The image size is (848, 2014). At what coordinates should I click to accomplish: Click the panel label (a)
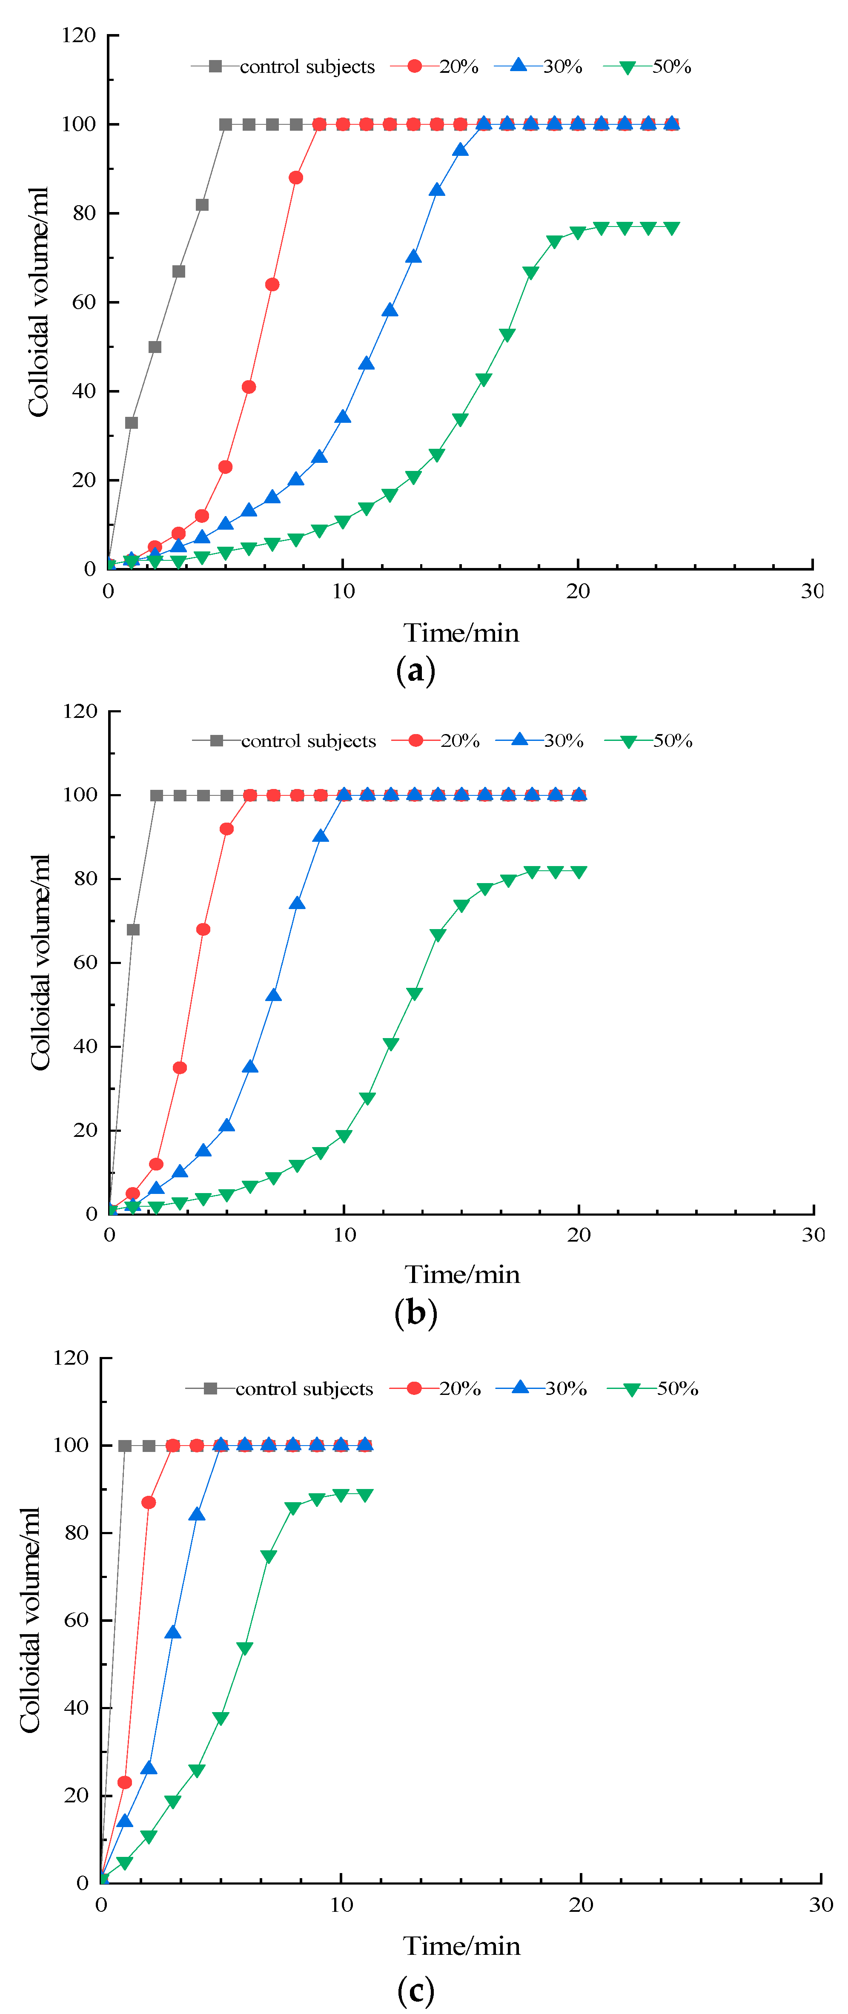[416, 670]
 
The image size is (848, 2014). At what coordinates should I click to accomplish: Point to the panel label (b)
[416, 1312]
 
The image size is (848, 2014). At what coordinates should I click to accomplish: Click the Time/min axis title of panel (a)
[461, 632]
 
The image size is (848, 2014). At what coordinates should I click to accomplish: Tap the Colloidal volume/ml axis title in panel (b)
[40, 962]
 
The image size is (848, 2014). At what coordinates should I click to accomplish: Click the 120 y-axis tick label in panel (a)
[79, 35]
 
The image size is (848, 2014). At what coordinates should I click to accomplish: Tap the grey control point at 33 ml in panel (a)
[131, 423]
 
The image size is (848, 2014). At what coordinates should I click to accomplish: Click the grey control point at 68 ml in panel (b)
[133, 930]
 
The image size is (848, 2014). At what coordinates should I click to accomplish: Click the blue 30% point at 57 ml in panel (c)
[173, 1632]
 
